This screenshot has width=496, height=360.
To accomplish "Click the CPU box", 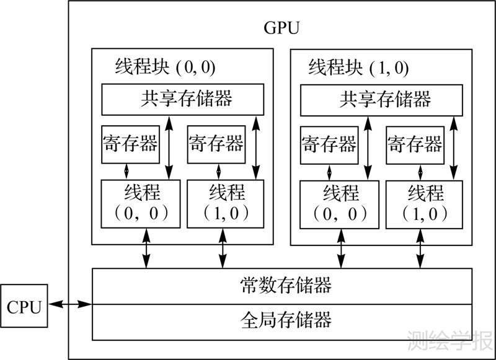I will coord(24,306).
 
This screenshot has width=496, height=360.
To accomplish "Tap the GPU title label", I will coord(281,29).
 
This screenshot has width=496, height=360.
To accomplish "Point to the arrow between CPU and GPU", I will coord(69,304).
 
